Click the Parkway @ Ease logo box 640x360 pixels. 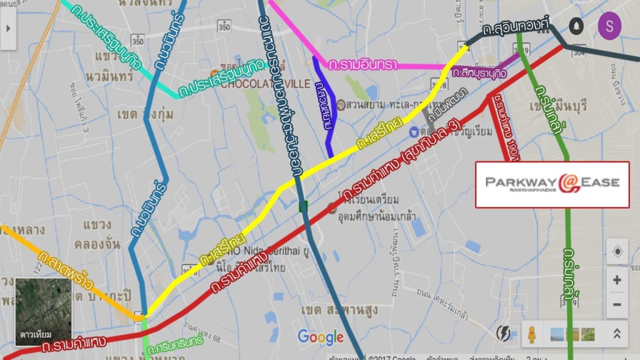point(552,184)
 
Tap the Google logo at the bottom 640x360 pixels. point(321,337)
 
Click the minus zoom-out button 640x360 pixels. point(617,304)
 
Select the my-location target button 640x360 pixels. point(617,251)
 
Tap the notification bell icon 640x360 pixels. point(575,26)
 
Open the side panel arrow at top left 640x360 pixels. point(8,28)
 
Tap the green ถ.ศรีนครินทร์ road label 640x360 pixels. point(175,343)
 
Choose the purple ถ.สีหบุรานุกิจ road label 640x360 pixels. point(481,72)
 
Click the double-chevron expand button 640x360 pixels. point(616,334)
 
